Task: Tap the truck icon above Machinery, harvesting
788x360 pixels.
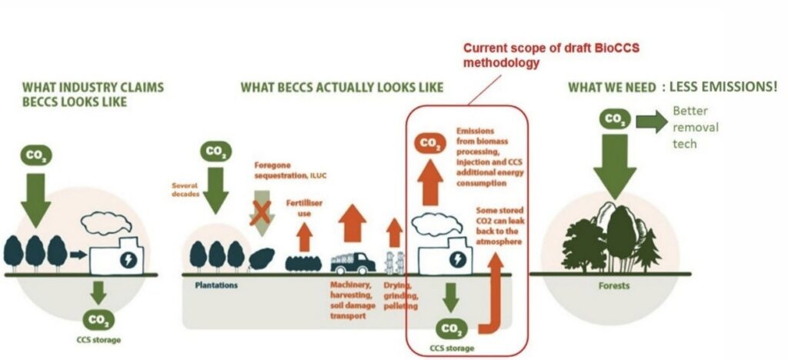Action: tap(352, 262)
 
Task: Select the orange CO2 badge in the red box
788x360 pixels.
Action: tap(429, 143)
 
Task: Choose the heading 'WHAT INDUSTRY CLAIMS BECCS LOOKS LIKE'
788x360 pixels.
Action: tap(92, 94)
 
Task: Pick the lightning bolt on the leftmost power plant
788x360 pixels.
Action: tap(129, 260)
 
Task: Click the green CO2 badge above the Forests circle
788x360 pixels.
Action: tap(614, 119)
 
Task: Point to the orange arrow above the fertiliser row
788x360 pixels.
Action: tap(305, 236)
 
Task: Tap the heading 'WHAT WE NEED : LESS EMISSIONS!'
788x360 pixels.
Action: tap(672, 87)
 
